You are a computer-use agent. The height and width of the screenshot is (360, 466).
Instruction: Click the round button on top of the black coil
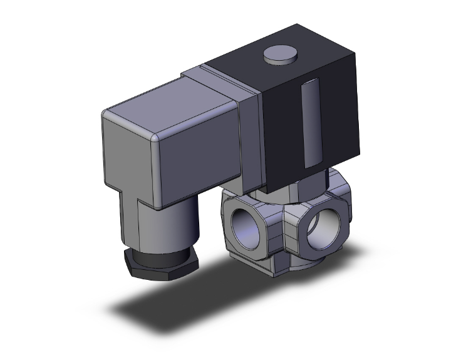tap(279, 56)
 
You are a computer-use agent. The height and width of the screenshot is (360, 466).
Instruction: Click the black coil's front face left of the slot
tap(282, 125)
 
